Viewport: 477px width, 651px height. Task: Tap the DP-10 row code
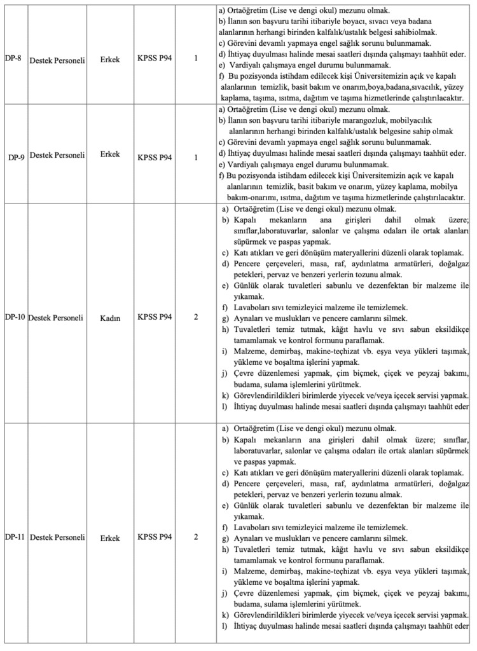click(15, 317)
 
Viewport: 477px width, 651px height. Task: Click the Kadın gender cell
click(110, 317)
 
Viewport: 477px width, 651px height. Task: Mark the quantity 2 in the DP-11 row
click(197, 537)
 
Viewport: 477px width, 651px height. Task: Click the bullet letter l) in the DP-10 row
click(225, 406)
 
